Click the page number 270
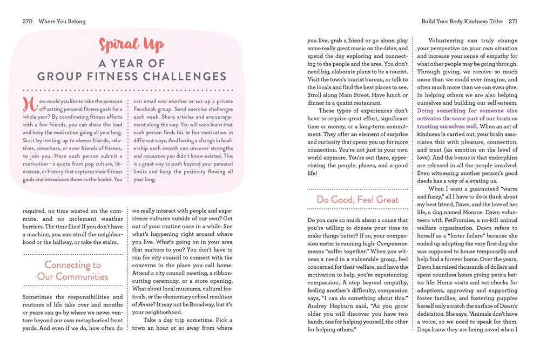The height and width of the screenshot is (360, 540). click(28, 22)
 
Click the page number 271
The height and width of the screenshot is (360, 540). click(512, 22)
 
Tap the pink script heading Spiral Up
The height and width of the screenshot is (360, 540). click(131, 44)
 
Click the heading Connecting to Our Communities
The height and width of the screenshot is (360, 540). click(72, 271)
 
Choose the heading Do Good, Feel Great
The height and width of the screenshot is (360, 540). click(357, 200)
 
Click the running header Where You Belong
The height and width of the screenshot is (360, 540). click(62, 22)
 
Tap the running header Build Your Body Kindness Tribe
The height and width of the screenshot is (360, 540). click(462, 22)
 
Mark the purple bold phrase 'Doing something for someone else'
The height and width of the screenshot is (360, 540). click(467, 110)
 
